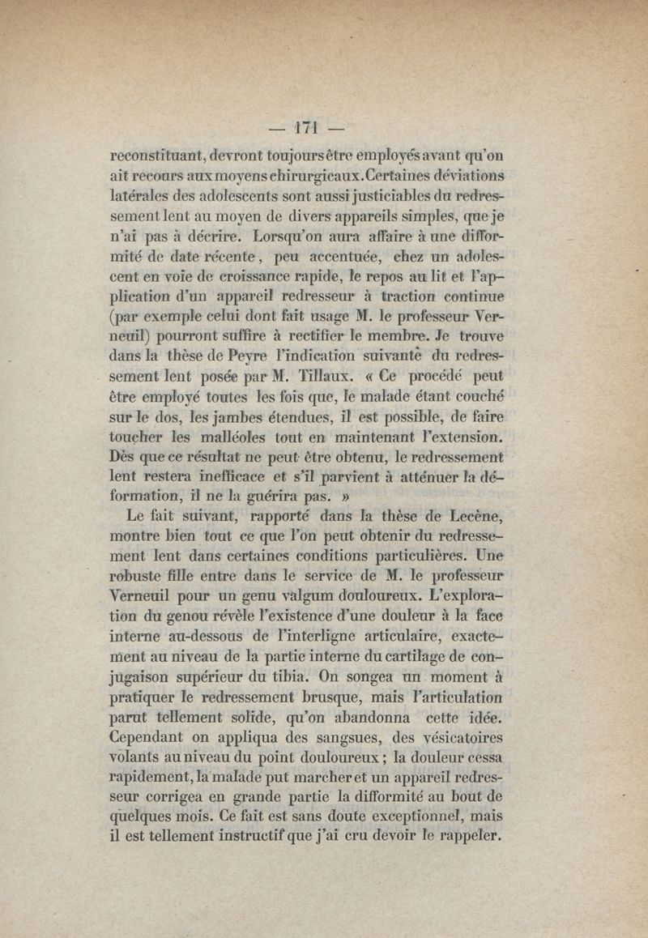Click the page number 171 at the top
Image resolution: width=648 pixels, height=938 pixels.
(x=305, y=127)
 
